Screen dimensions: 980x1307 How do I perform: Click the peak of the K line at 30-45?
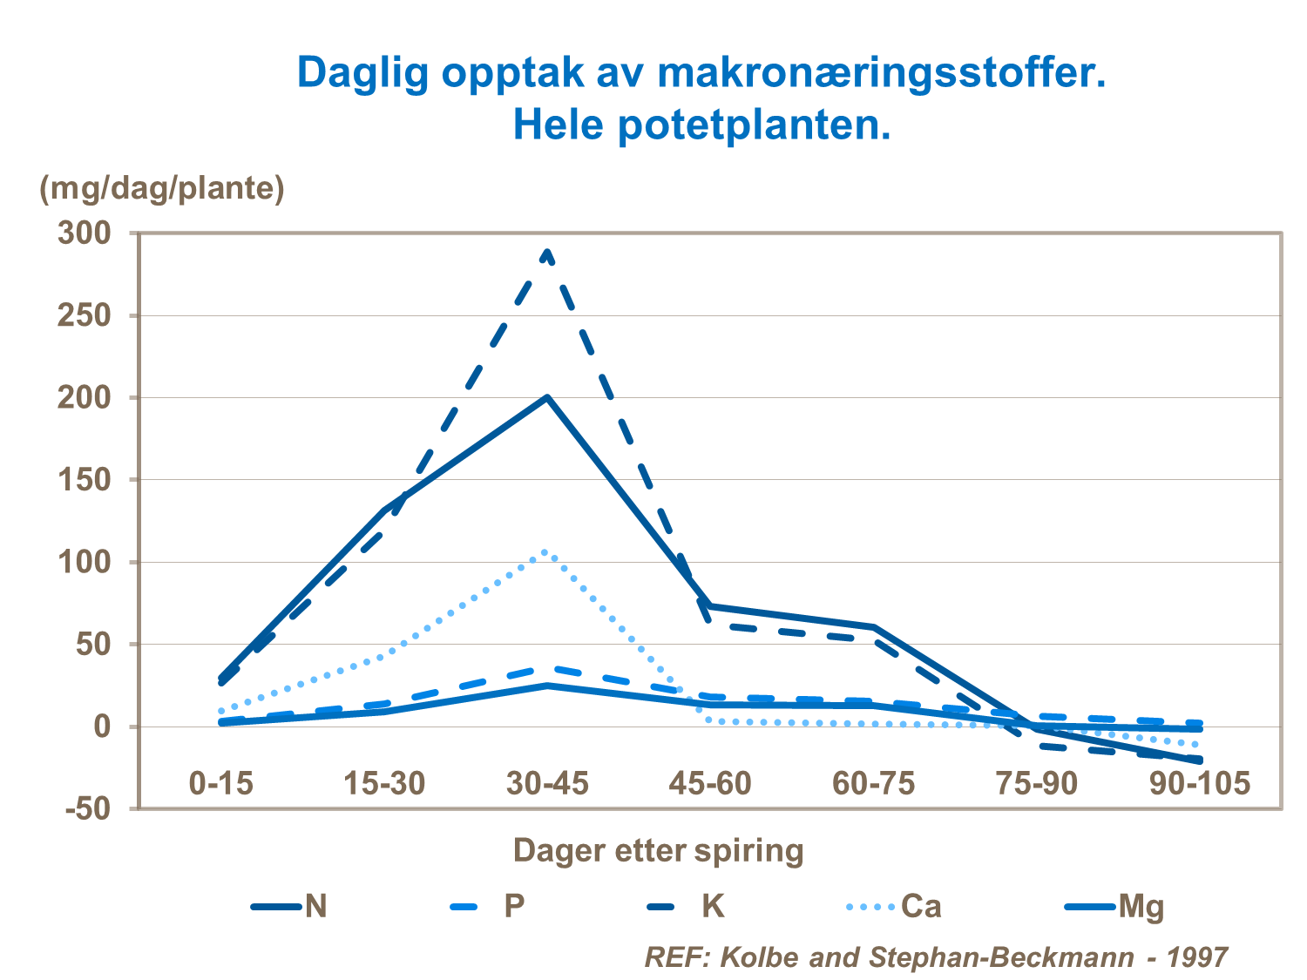point(547,253)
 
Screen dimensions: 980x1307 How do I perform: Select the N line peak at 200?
point(547,397)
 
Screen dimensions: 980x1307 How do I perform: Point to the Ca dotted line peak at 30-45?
point(545,551)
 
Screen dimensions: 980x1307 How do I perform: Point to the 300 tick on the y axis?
point(85,233)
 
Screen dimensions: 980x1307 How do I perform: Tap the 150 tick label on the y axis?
point(85,480)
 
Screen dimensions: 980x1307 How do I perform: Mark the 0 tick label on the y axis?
point(103,727)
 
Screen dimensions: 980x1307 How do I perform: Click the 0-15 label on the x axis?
point(221,783)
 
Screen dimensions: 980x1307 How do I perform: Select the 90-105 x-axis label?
point(1199,783)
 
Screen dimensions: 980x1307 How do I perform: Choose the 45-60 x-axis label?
point(709,783)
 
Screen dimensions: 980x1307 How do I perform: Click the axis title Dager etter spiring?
point(658,850)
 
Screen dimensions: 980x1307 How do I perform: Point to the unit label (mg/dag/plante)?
point(162,188)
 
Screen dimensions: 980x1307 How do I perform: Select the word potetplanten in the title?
point(755,125)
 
